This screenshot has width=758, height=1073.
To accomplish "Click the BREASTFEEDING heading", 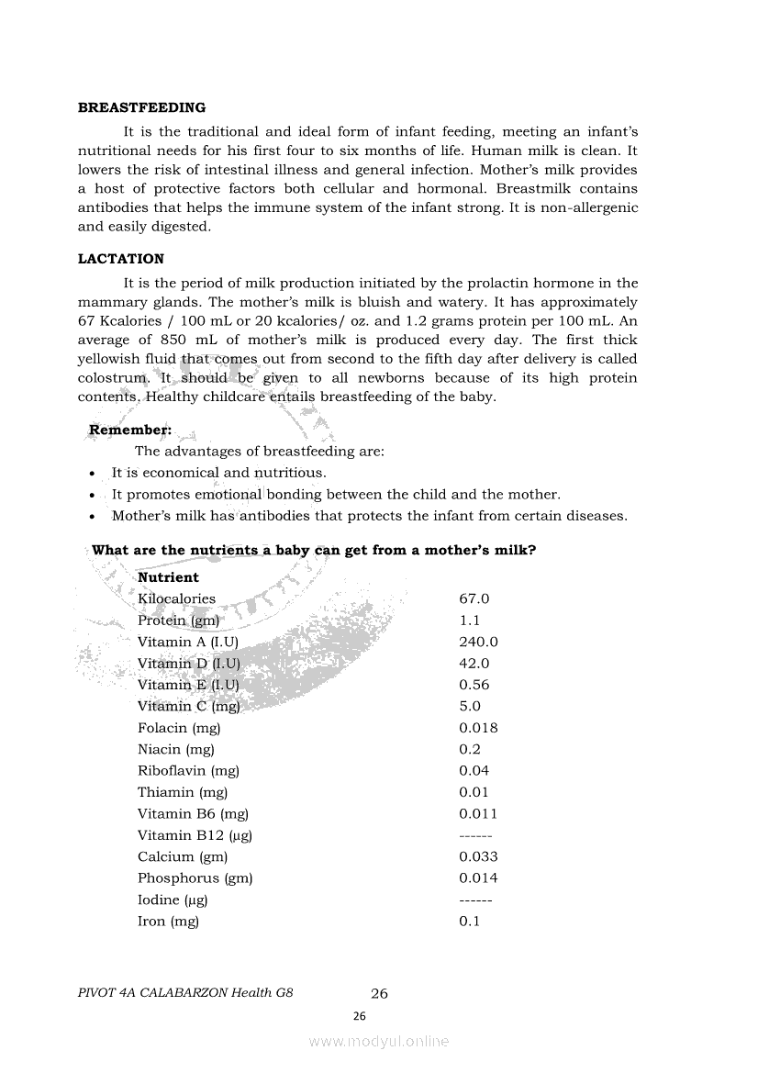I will pyautogui.click(x=141, y=107).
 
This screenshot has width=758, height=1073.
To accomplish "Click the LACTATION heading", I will pyautogui.click(x=121, y=259).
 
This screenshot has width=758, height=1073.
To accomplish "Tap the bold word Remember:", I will pyautogui.click(x=130, y=430).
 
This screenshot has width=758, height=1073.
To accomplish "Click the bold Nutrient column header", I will pyautogui.click(x=168, y=577).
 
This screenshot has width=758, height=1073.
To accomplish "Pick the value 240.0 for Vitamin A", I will pyautogui.click(x=478, y=642).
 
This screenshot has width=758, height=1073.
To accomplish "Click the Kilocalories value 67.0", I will pyautogui.click(x=474, y=598).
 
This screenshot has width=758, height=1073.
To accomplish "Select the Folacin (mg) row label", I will pyautogui.click(x=179, y=728).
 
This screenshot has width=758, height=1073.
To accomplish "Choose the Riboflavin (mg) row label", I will pyautogui.click(x=183, y=771).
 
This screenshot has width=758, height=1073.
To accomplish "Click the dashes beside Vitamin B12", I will pyautogui.click(x=475, y=835).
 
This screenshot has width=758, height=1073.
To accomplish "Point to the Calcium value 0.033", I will pyautogui.click(x=478, y=856).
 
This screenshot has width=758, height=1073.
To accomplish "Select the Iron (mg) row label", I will pyautogui.click(x=168, y=921).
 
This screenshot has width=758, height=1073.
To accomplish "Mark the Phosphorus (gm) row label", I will pyautogui.click(x=195, y=878).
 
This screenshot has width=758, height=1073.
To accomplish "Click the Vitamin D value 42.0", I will pyautogui.click(x=474, y=664).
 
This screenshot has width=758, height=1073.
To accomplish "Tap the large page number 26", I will pyautogui.click(x=379, y=993).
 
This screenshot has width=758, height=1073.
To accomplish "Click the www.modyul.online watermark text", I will pyautogui.click(x=379, y=1042).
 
